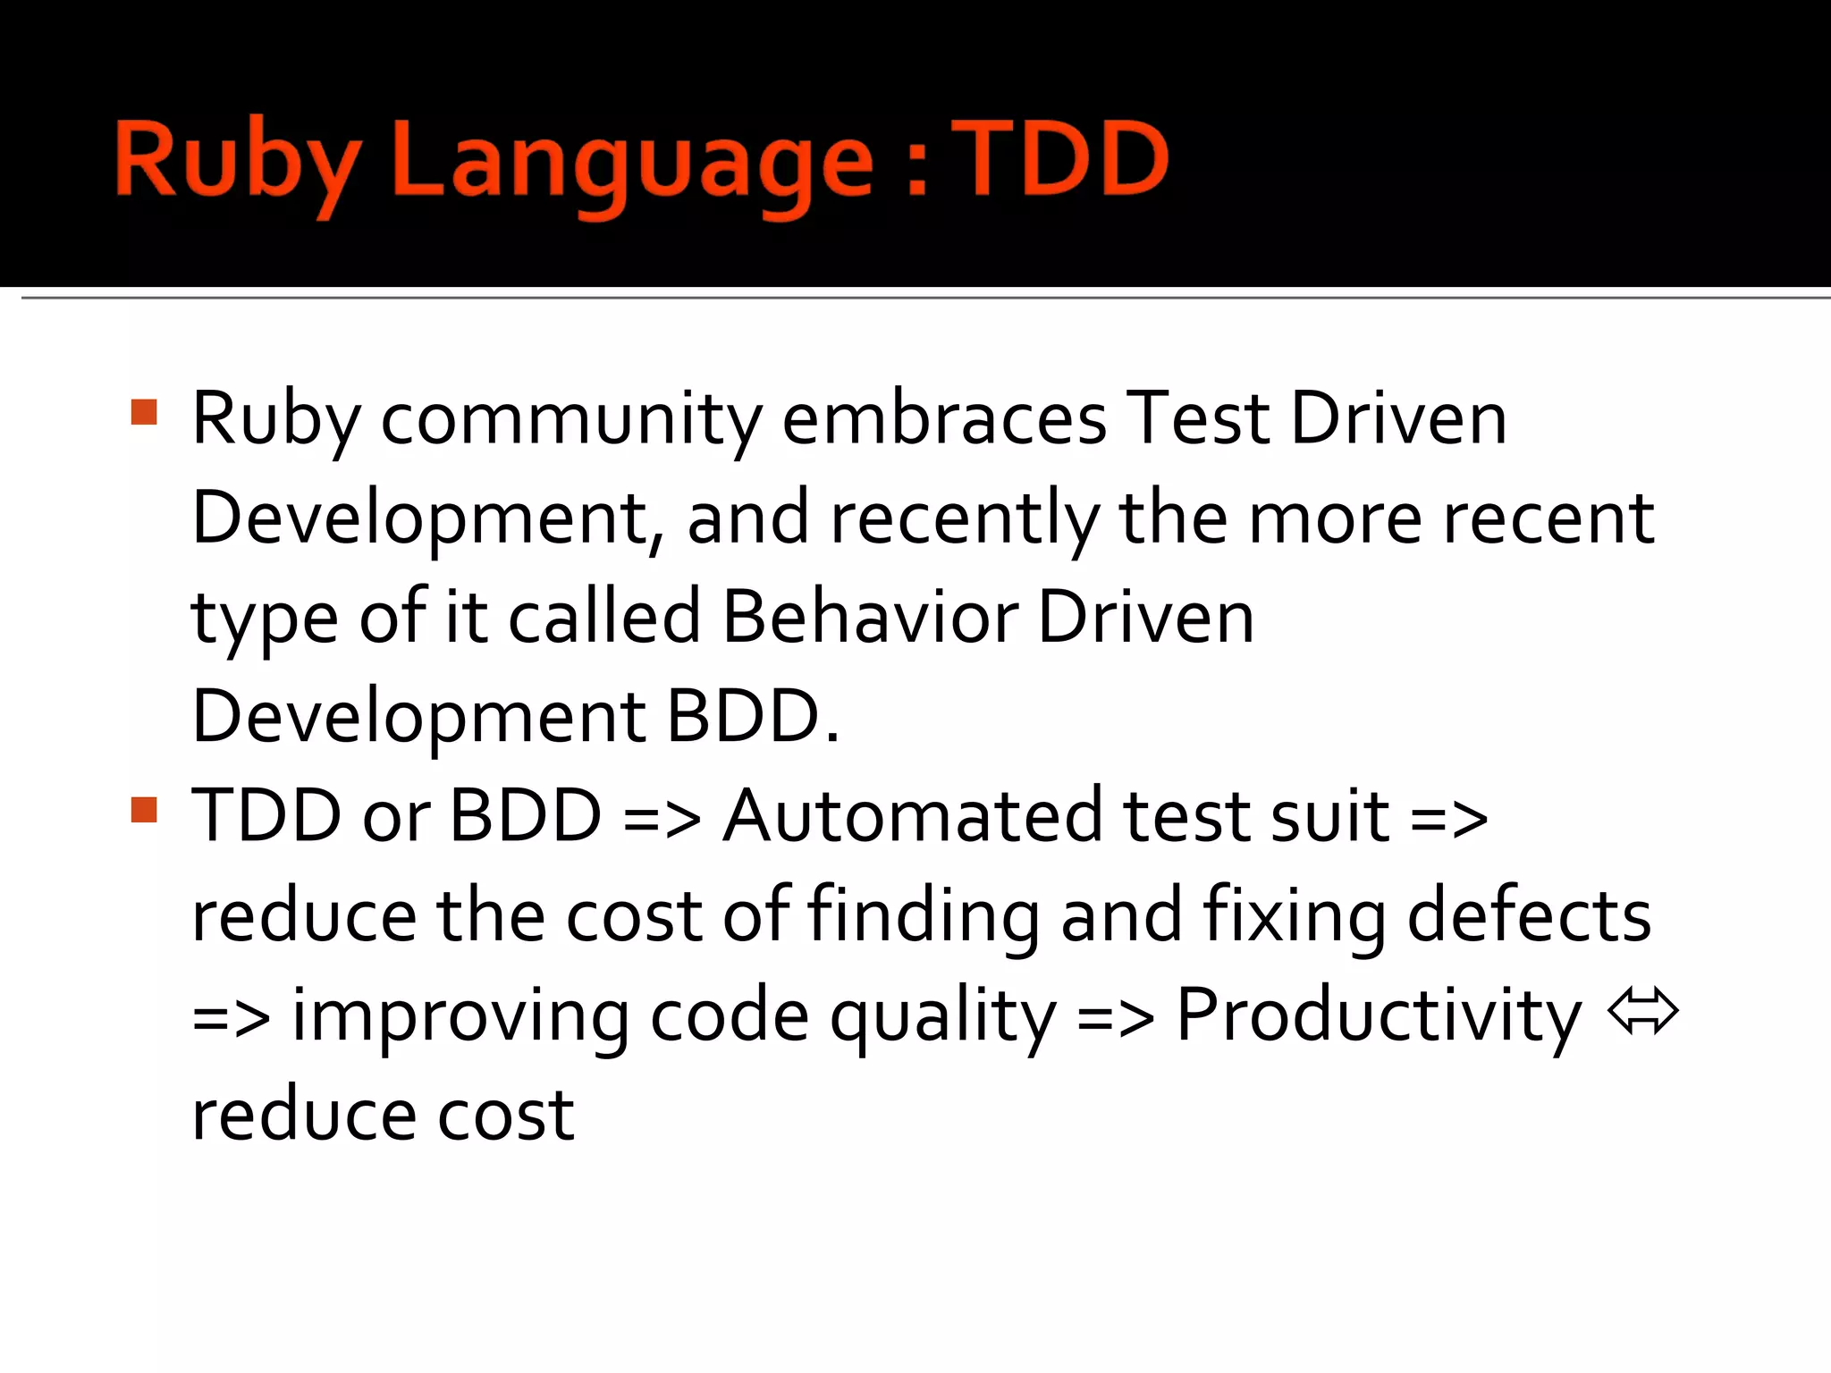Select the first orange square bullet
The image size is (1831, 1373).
pos(144,412)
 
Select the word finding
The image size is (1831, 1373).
pos(924,915)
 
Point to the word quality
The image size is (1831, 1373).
pos(943,1016)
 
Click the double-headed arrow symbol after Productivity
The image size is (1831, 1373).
pos(1642,1012)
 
